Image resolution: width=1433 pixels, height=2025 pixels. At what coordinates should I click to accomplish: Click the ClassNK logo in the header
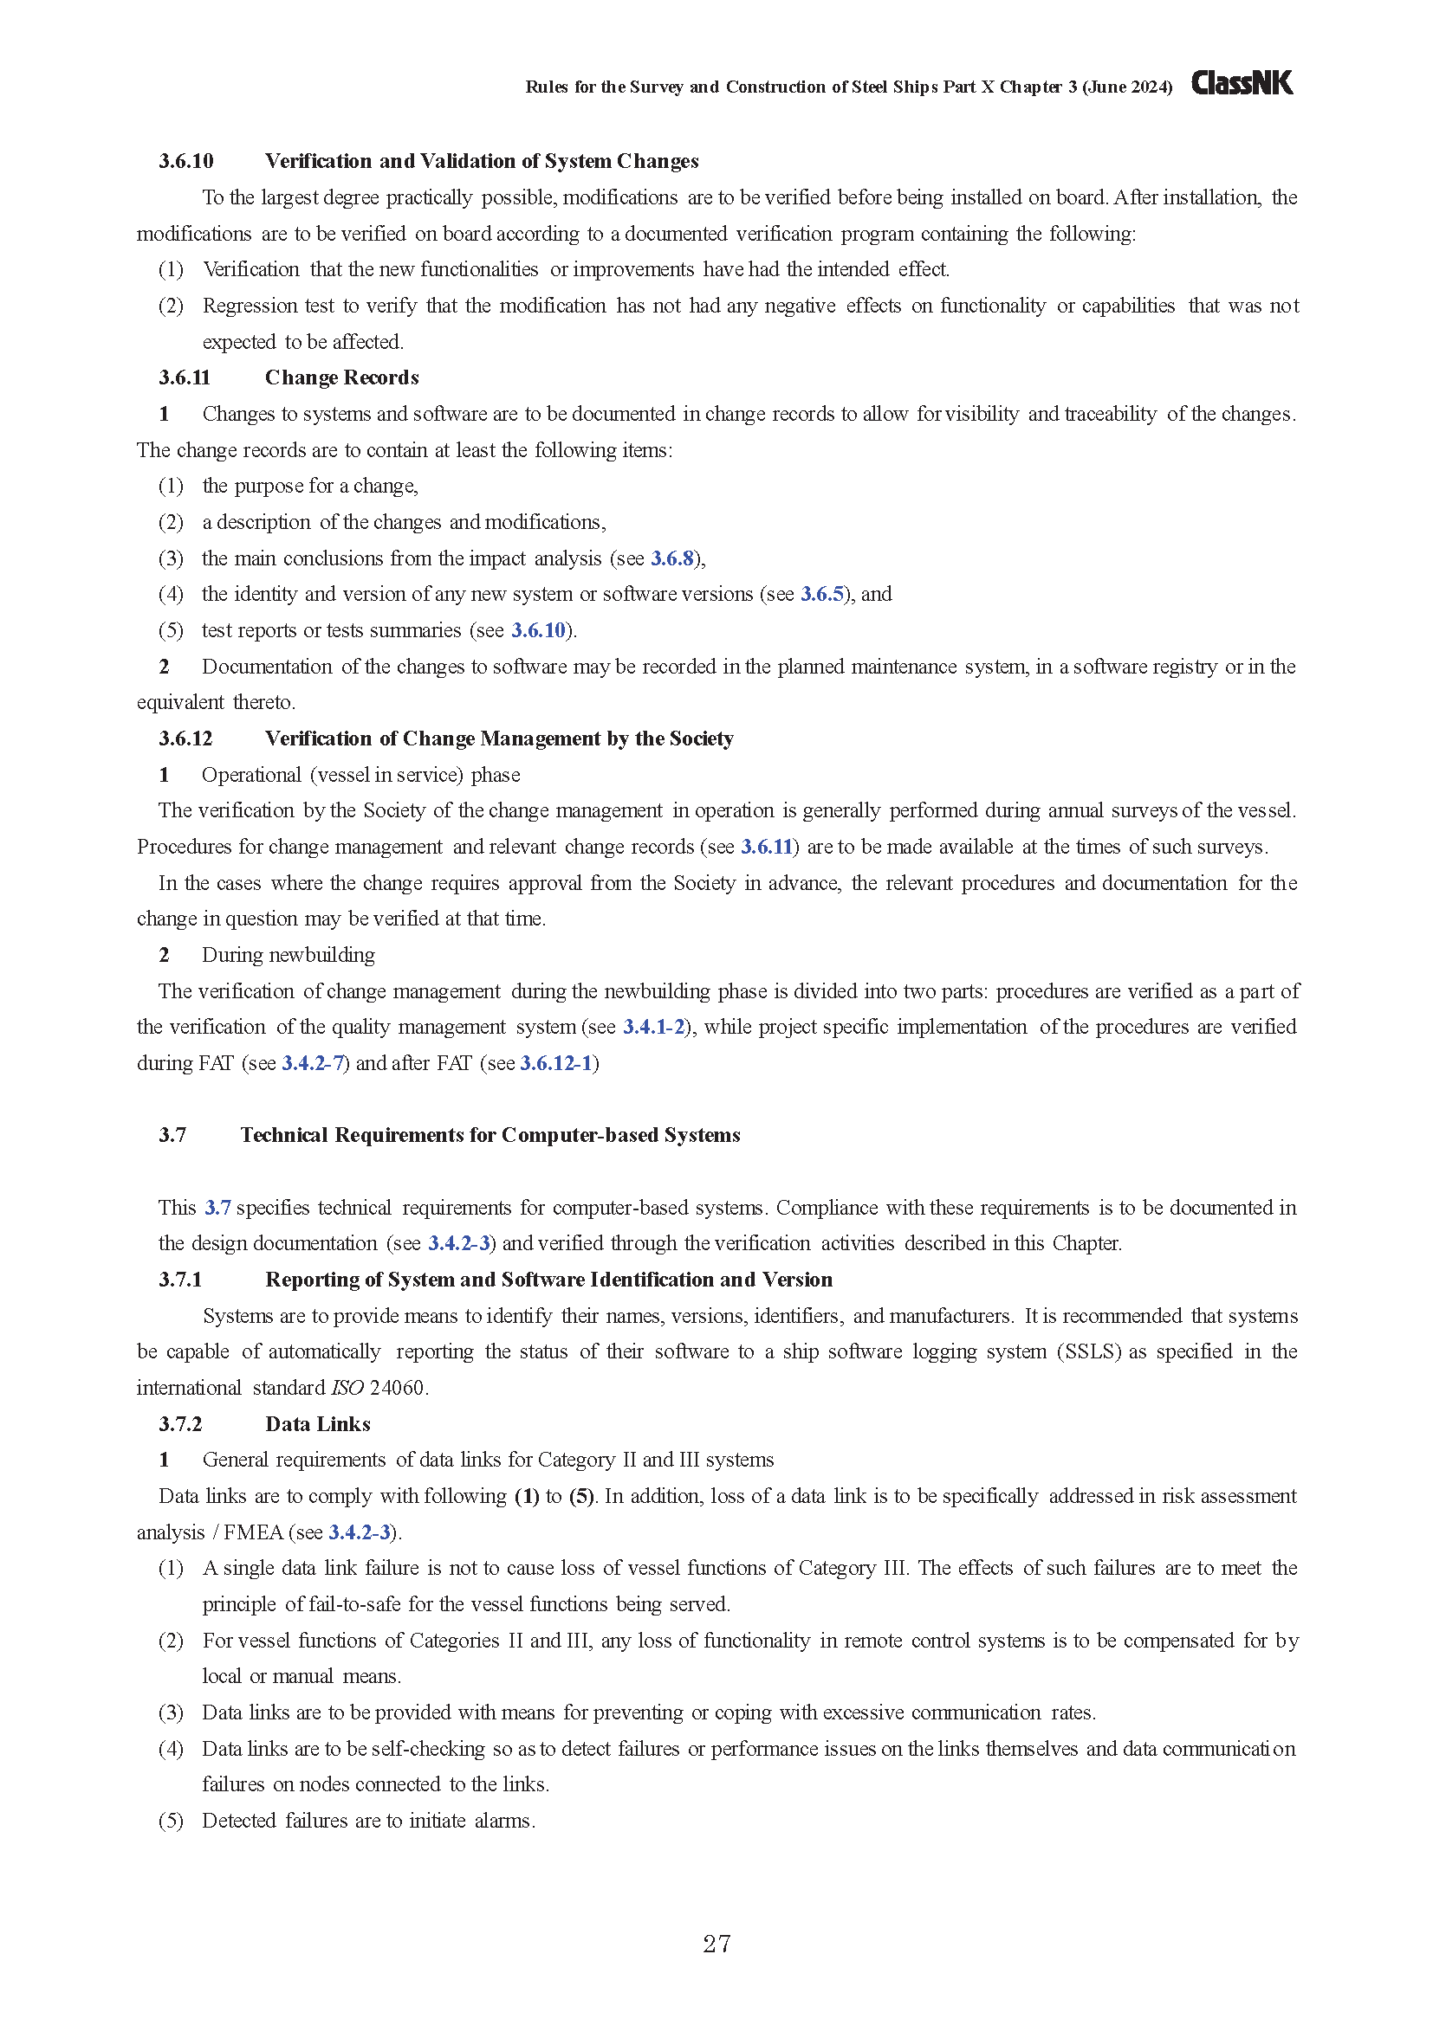point(1242,83)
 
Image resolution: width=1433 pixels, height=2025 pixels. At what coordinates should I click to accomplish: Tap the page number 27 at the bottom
point(716,1943)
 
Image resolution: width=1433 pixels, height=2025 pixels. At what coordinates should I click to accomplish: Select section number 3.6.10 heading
point(186,160)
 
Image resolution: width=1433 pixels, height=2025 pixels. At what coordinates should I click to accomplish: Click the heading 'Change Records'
point(341,377)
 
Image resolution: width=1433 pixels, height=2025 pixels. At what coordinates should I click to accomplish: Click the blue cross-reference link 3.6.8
point(672,558)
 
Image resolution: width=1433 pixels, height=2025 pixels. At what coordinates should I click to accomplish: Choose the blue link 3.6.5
point(821,595)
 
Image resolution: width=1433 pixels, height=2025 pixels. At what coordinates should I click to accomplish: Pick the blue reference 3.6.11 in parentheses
point(766,847)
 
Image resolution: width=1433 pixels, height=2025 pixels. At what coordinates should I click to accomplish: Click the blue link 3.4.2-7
point(313,1063)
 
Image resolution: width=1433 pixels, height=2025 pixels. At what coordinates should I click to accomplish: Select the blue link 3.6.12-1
point(556,1063)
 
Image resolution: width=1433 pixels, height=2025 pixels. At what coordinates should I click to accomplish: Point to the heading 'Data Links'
point(318,1423)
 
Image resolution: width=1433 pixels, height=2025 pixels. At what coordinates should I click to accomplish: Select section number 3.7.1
point(181,1280)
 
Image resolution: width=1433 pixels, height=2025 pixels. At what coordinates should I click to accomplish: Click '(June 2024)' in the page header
point(1128,87)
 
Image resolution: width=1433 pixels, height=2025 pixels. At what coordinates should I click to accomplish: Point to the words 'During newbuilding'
point(288,955)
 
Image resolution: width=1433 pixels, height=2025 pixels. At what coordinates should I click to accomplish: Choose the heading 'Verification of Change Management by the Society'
point(498,738)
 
